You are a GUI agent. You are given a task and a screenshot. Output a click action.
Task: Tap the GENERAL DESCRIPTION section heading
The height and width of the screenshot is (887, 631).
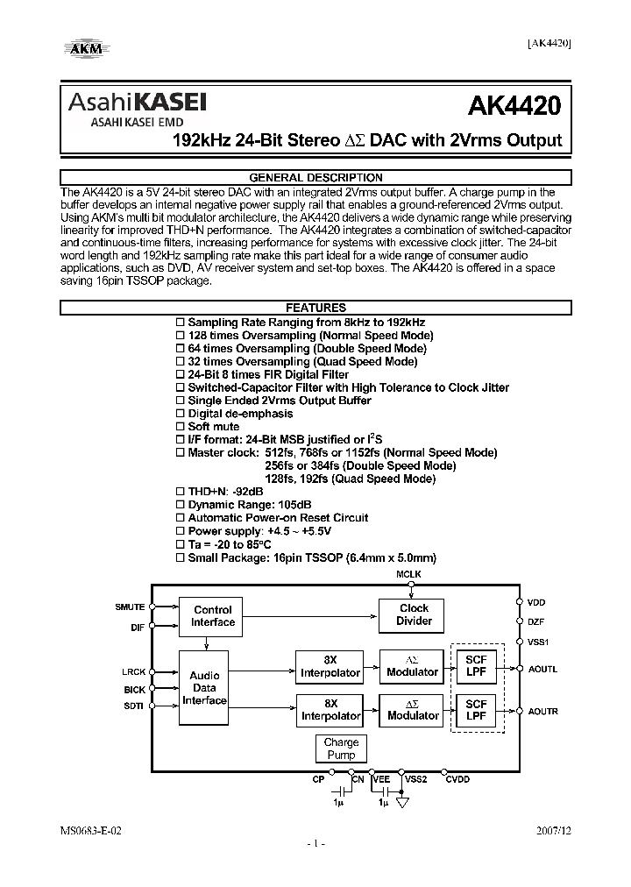click(315, 175)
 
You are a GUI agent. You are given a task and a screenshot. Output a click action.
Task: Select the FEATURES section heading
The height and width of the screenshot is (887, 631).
click(315, 308)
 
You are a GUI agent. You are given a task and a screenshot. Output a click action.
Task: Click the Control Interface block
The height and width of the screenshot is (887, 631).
click(213, 615)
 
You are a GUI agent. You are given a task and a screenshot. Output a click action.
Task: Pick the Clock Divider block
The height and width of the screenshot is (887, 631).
click(414, 614)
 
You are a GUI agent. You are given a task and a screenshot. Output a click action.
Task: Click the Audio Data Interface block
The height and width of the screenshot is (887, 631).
click(204, 688)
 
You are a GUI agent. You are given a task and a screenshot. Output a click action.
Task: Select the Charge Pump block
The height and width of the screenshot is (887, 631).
click(341, 749)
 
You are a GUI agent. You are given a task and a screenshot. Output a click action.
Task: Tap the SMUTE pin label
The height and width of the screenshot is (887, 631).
click(131, 607)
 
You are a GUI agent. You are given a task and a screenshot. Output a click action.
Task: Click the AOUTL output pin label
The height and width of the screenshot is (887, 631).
click(542, 670)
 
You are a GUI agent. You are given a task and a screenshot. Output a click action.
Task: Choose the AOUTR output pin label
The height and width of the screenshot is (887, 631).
click(542, 711)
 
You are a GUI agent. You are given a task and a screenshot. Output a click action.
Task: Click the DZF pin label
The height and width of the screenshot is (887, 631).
click(535, 621)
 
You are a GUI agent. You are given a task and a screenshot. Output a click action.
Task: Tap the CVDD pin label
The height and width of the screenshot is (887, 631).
click(457, 778)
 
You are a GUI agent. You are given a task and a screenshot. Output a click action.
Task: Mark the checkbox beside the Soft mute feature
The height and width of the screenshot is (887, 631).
click(181, 427)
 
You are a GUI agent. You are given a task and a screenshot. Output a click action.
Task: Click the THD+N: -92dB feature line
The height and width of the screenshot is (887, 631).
click(226, 492)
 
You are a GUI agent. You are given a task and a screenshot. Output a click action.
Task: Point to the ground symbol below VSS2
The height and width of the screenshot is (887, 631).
click(404, 801)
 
